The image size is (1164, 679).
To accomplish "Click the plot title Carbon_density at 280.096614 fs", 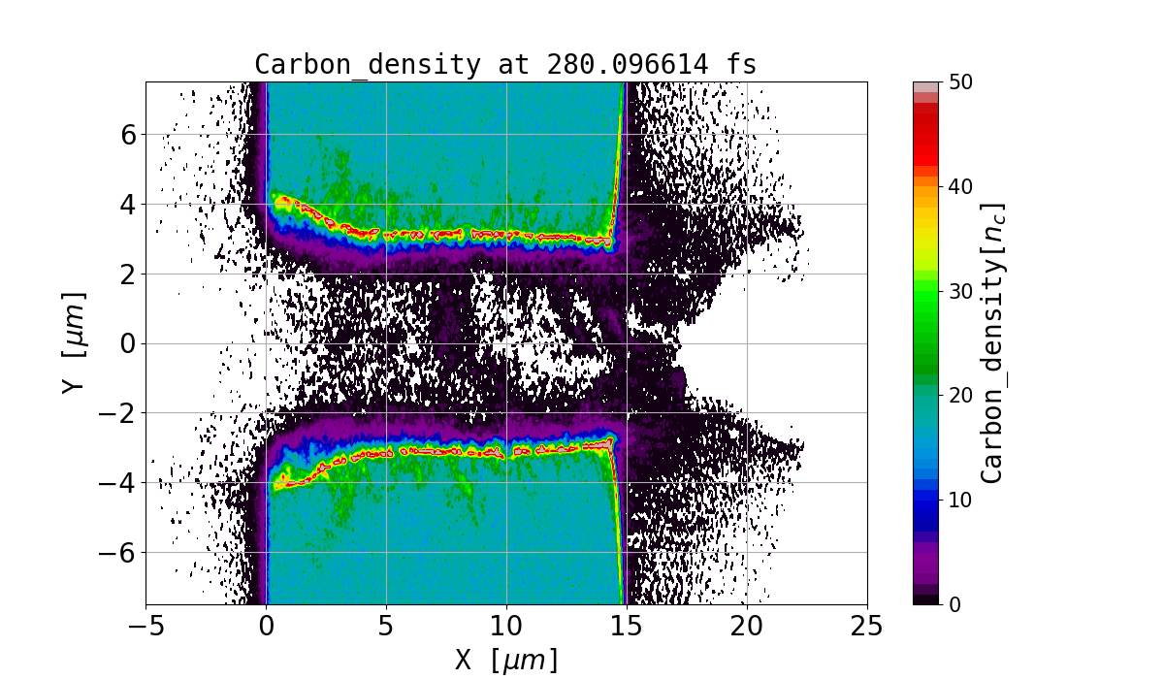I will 505,65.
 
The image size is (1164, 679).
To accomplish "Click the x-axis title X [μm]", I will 506,660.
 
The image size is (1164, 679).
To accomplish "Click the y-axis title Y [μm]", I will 73,342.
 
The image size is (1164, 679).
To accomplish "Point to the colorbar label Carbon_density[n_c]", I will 991,342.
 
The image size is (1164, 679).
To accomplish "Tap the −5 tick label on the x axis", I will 145,626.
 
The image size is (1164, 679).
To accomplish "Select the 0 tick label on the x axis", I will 267,626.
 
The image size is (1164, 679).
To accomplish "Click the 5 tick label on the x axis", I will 386,626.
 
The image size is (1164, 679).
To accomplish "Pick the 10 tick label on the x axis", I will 506,626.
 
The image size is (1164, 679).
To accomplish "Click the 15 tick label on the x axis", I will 627,626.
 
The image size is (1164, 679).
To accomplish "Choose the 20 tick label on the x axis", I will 747,626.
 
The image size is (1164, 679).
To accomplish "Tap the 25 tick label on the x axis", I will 867,626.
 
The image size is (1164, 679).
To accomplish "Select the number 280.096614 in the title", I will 597,65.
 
